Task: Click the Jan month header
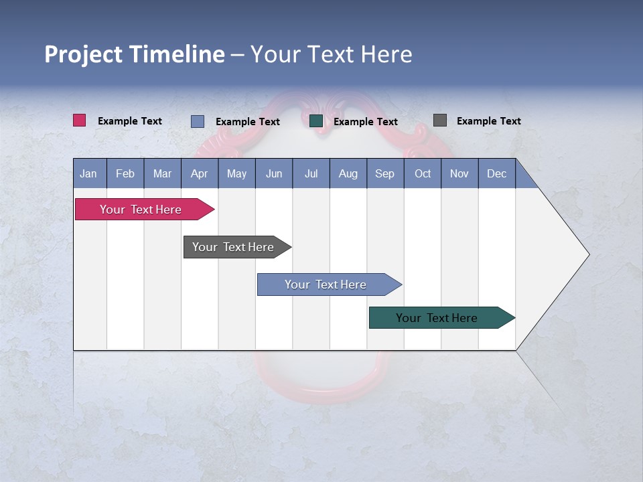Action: [89, 173]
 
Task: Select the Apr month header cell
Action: [199, 173]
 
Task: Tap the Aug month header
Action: [348, 173]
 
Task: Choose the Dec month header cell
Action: [496, 173]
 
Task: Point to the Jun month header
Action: [273, 173]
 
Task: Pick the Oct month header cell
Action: [422, 173]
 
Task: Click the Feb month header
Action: [125, 173]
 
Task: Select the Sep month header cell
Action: [384, 173]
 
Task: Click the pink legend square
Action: [80, 120]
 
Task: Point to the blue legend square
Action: [198, 121]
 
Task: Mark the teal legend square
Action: [316, 121]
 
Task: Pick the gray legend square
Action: [440, 120]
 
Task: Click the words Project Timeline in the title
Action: [135, 54]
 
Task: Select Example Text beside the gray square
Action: [488, 120]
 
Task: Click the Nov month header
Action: [459, 173]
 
